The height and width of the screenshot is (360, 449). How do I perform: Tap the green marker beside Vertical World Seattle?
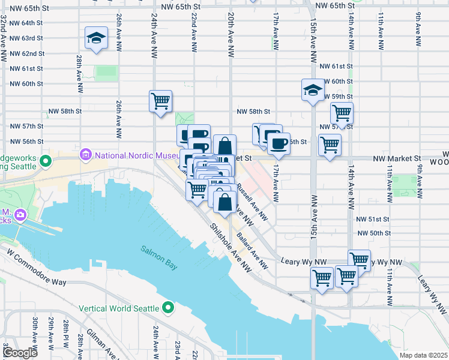169,308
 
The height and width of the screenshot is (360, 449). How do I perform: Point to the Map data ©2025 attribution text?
423,355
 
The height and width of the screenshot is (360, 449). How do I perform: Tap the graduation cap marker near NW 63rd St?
96,39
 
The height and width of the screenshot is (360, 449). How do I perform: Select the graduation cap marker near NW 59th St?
312,91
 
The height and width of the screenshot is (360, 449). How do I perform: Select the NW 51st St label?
373,220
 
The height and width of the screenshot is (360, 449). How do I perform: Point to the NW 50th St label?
373,233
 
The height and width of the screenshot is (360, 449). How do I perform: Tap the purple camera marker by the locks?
20,214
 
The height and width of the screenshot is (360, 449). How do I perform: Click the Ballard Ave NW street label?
251,247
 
